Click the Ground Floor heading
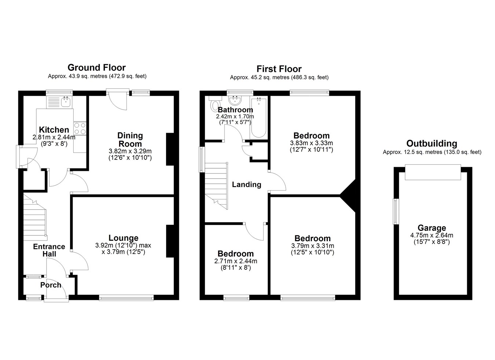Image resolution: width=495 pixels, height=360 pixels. [x=96, y=67]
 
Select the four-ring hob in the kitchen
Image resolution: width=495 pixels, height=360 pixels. [x=80, y=128]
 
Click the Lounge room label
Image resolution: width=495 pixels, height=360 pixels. [x=124, y=238]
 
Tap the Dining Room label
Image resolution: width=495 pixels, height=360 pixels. [x=130, y=140]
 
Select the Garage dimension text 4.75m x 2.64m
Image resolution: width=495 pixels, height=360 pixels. [x=432, y=235]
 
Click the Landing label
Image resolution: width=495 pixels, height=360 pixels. [x=247, y=184]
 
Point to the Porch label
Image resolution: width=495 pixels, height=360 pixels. [x=51, y=285]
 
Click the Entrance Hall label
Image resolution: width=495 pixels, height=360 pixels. [x=49, y=250]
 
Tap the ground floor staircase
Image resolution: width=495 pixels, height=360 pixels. [x=35, y=218]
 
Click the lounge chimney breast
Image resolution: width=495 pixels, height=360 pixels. [x=170, y=241]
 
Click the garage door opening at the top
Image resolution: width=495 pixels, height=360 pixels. [x=433, y=172]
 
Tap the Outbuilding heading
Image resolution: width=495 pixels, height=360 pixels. [x=432, y=144]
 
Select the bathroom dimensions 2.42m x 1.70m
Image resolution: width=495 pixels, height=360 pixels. [x=235, y=116]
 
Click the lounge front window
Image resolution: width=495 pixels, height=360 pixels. [x=126, y=298]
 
